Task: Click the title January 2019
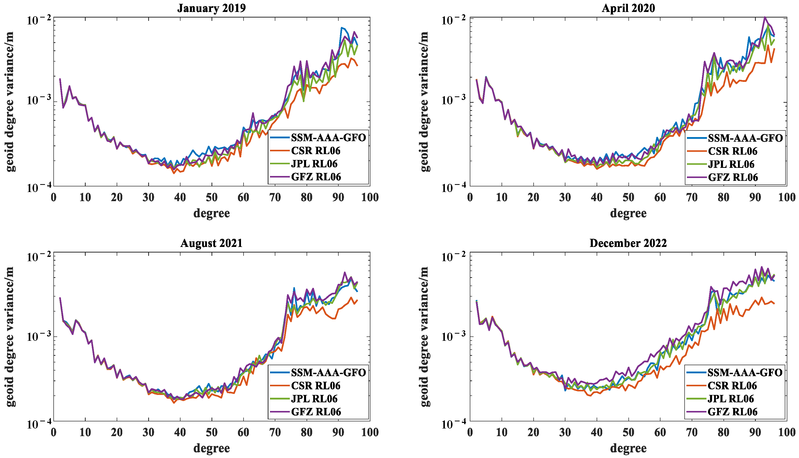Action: point(211,8)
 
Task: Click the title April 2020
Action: point(628,8)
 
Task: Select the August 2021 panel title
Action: point(211,243)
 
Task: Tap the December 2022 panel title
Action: point(628,243)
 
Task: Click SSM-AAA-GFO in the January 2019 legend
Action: point(328,138)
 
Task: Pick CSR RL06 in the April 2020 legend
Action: point(733,151)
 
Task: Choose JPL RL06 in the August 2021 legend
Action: point(314,398)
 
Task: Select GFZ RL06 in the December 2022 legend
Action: point(733,412)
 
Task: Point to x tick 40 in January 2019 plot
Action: point(180,198)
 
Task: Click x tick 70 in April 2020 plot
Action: point(692,198)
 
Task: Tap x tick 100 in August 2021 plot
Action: point(370,433)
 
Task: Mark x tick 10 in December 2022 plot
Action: point(502,433)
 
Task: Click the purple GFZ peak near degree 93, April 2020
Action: point(765,17)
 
